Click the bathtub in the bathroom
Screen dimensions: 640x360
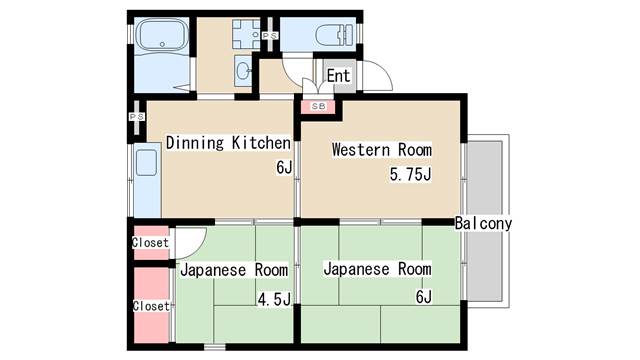click(162, 35)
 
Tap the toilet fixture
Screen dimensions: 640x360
click(334, 34)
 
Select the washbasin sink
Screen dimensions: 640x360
click(243, 71)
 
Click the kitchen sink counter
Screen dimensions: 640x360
click(147, 180)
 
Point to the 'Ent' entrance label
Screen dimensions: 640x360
click(338, 76)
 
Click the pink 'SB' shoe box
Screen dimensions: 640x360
click(318, 107)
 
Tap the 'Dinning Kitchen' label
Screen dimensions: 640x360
click(228, 143)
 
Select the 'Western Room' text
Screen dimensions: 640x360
click(382, 149)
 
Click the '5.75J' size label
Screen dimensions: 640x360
click(410, 174)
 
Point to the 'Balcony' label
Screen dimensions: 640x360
click(483, 223)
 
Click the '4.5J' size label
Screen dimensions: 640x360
click(274, 300)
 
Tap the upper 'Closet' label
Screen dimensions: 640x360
click(150, 242)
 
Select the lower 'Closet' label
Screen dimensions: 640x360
click(151, 306)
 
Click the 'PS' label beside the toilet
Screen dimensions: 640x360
click(270, 36)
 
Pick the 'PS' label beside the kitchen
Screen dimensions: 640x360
click(137, 117)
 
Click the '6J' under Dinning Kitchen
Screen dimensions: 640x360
click(284, 167)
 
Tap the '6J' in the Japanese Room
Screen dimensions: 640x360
click(424, 297)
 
